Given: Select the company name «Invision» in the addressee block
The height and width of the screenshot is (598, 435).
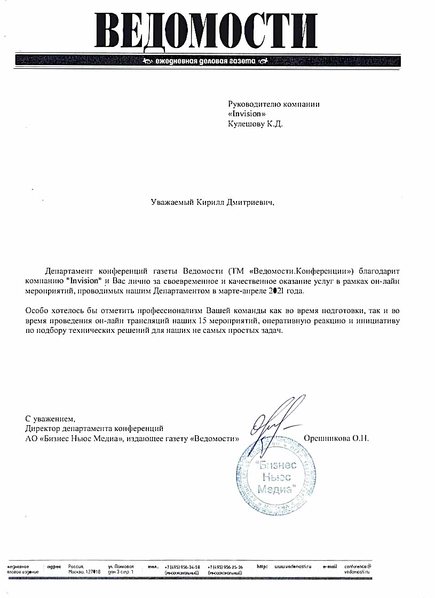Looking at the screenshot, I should coord(247,114).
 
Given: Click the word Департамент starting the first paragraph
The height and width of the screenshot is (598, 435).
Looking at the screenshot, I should coord(69,270).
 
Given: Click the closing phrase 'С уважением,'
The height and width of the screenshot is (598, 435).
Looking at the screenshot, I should coord(47,418).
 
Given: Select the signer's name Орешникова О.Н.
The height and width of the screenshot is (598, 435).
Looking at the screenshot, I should coord(336,438).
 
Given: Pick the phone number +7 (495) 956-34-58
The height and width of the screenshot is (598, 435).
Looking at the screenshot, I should coord(183,567).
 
